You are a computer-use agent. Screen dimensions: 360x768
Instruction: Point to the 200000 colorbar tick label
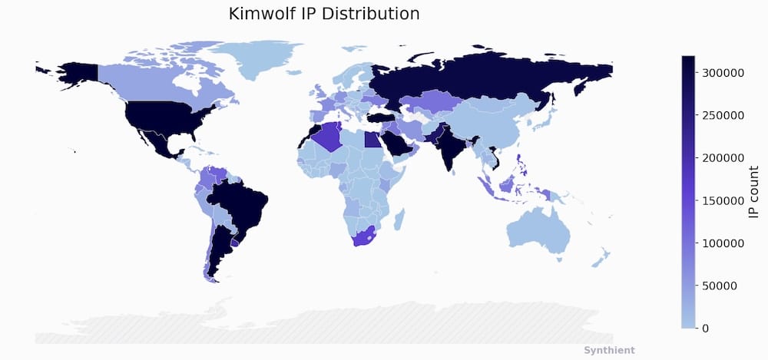(x=723, y=158)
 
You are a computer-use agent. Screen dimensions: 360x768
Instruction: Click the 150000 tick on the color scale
(x=723, y=200)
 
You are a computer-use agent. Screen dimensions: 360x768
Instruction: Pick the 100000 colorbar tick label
(x=723, y=243)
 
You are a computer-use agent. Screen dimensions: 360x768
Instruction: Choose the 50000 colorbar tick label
(x=726, y=286)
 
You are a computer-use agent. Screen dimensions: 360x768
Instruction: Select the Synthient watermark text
(x=609, y=350)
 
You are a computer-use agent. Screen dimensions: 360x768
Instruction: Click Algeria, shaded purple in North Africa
(x=329, y=137)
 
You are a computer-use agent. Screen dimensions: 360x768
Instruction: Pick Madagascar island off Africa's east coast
(x=399, y=220)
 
